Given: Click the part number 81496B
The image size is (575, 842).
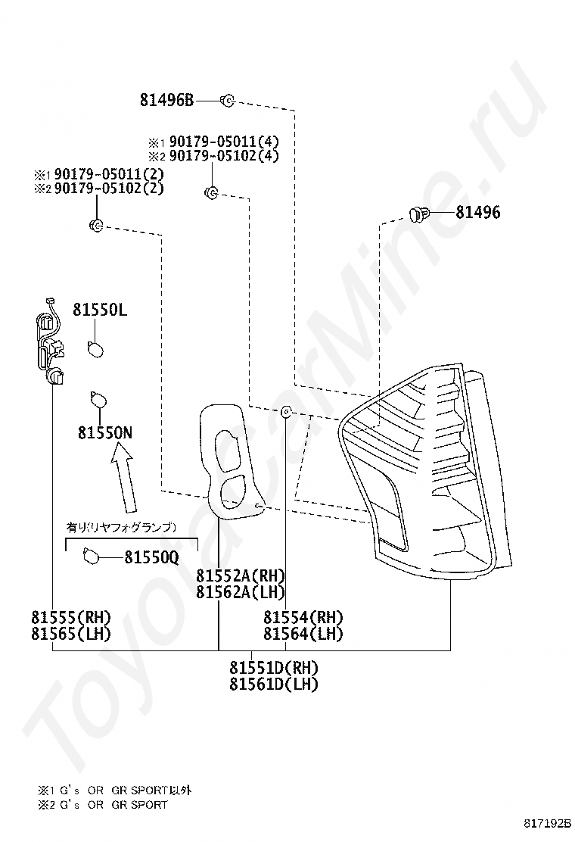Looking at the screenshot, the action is click(x=166, y=100).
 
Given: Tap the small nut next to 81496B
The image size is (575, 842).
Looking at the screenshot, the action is click(x=228, y=100).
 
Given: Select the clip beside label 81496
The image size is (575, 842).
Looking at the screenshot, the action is click(x=419, y=214).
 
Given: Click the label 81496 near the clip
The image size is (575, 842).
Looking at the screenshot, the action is click(x=478, y=212).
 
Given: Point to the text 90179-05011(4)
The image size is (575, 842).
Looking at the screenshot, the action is click(x=224, y=142).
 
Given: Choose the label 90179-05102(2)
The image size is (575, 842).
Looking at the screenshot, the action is click(x=109, y=189).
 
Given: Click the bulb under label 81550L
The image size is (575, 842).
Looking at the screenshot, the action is click(x=95, y=349).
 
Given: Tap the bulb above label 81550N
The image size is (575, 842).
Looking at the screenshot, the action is click(x=98, y=400).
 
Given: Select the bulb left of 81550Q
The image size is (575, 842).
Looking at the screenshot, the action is click(x=92, y=557).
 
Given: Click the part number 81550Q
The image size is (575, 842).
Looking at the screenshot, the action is click(x=151, y=558).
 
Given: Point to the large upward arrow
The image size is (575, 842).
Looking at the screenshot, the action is click(x=124, y=479).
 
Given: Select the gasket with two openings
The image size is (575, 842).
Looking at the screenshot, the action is click(x=231, y=460).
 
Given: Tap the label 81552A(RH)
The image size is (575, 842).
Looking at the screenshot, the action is click(x=241, y=575).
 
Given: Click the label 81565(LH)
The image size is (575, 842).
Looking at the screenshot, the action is click(x=71, y=634).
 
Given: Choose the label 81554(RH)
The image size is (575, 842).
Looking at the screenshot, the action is click(x=303, y=618).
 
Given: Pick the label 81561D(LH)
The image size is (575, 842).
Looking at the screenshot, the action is click(x=274, y=685).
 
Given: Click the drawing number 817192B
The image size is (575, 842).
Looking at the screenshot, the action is click(x=548, y=822).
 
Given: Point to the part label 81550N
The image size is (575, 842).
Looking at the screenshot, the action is click(x=105, y=433).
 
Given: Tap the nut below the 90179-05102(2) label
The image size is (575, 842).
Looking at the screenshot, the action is click(x=96, y=226).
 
